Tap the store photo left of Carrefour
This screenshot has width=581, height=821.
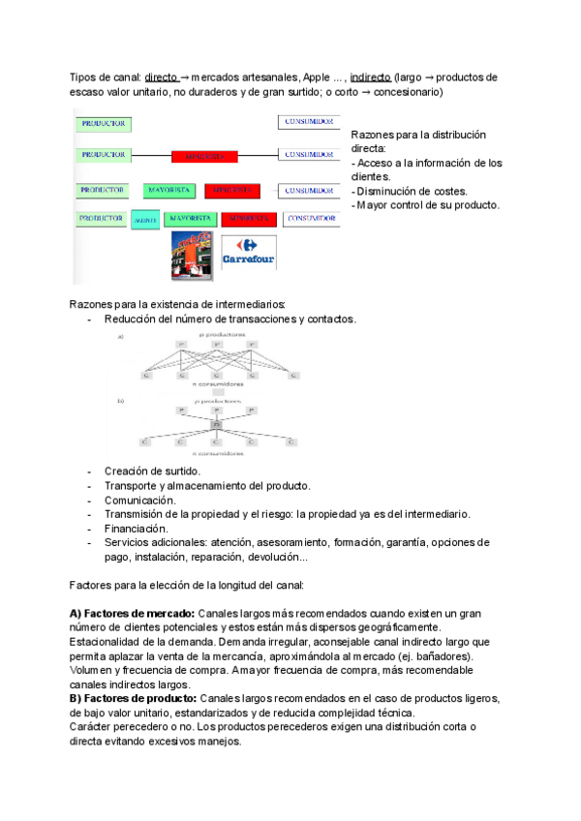192,257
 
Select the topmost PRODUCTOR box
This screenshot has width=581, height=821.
104,124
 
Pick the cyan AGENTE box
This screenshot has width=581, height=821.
144,220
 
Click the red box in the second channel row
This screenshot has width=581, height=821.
204,155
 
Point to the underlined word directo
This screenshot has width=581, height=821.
161,76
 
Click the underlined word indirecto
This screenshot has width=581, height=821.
371,76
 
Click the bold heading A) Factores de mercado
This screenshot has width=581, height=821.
133,614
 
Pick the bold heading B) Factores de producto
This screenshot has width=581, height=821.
134,699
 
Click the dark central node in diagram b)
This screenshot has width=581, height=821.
217,425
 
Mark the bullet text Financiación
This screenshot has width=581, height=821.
137,529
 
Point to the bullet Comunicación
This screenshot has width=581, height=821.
140,500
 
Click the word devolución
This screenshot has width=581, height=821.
274,558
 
